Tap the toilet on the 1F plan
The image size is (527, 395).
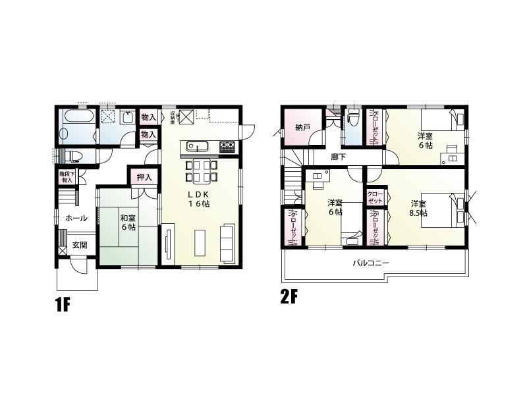point(74,155)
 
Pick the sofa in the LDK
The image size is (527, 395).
point(228,242)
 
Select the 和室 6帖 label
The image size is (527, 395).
point(128,223)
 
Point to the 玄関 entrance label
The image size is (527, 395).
point(80,245)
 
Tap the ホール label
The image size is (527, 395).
point(75,218)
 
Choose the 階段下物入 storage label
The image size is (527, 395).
point(67,176)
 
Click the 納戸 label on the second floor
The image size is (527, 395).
point(303,126)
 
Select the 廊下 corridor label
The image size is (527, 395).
point(339,157)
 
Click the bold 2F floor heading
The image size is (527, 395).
point(290,297)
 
